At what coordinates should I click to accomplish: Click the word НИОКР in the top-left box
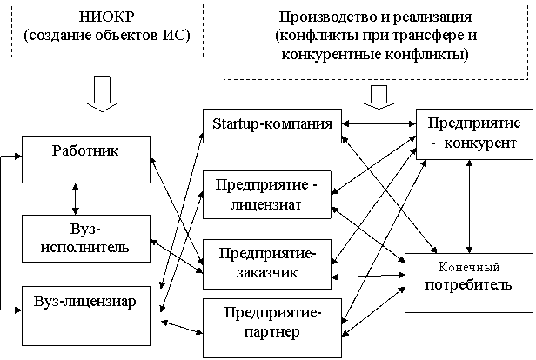tap(107, 17)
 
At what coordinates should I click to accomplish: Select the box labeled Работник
tap(86, 159)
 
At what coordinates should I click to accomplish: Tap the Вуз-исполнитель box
tap(86, 238)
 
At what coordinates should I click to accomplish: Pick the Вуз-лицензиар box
tap(86, 316)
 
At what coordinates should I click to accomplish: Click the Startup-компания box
tap(272, 126)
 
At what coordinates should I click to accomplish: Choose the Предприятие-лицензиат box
tap(267, 195)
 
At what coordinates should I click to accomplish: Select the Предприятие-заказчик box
tap(267, 264)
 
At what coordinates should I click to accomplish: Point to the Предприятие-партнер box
tap(272, 328)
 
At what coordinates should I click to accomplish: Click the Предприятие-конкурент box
tap(474, 134)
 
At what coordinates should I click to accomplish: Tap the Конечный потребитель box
tap(469, 283)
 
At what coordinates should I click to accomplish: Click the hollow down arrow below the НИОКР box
tap(102, 94)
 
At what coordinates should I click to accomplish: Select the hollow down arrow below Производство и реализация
tap(379, 97)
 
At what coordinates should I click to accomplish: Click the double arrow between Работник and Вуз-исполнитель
tap(76, 199)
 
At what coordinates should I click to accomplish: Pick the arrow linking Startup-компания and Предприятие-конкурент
tap(379, 124)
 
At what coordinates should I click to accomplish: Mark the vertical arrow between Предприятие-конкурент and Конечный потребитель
tap(470, 206)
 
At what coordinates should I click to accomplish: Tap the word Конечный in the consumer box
tap(469, 267)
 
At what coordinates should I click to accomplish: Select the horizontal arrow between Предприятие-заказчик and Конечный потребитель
tap(368, 276)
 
